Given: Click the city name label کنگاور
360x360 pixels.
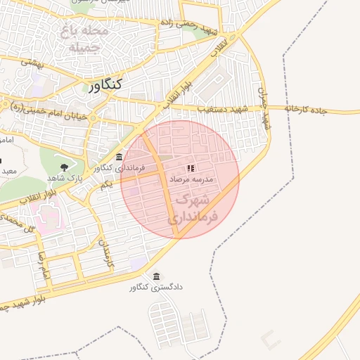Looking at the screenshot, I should [106, 84].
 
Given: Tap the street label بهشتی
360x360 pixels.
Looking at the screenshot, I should [32, 63].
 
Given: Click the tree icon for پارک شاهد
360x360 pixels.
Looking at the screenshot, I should [65, 167].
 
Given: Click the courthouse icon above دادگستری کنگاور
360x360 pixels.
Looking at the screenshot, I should [156, 276].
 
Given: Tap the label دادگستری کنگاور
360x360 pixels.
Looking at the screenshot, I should [155, 288].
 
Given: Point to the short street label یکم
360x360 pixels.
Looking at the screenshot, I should [106, 184].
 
